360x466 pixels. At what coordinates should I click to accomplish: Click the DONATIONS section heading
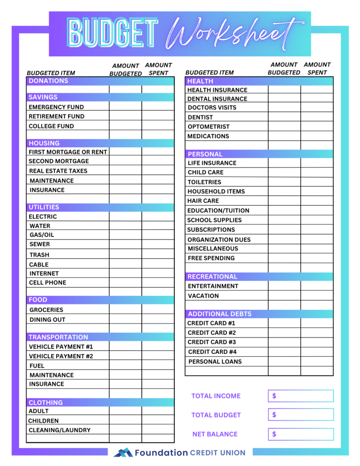48,81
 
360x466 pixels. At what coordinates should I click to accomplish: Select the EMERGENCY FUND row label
56,107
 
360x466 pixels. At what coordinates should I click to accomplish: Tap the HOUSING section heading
44,143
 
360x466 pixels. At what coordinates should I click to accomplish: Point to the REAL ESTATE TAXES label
58,171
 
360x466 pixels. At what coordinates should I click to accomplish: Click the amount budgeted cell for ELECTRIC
125,217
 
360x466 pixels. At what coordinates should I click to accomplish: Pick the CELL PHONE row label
48,283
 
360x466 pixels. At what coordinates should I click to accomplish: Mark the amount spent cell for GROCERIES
158,309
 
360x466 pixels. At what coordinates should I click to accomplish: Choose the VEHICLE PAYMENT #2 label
61,356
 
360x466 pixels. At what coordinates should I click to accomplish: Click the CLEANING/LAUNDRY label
59,430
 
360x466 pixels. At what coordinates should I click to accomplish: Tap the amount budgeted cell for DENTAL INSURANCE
284,99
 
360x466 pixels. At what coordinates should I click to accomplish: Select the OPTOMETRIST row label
209,127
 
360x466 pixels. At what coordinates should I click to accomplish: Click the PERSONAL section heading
205,154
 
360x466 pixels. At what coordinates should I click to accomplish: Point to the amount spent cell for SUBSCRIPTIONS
317,230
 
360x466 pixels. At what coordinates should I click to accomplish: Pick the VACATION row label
203,296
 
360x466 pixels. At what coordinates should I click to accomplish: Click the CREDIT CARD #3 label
211,342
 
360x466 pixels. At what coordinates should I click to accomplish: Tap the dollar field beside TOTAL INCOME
301,396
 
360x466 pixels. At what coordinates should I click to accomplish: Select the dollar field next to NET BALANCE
301,434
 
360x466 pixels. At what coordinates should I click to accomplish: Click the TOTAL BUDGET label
216,415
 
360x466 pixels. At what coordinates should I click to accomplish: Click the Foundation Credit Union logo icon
123,453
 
